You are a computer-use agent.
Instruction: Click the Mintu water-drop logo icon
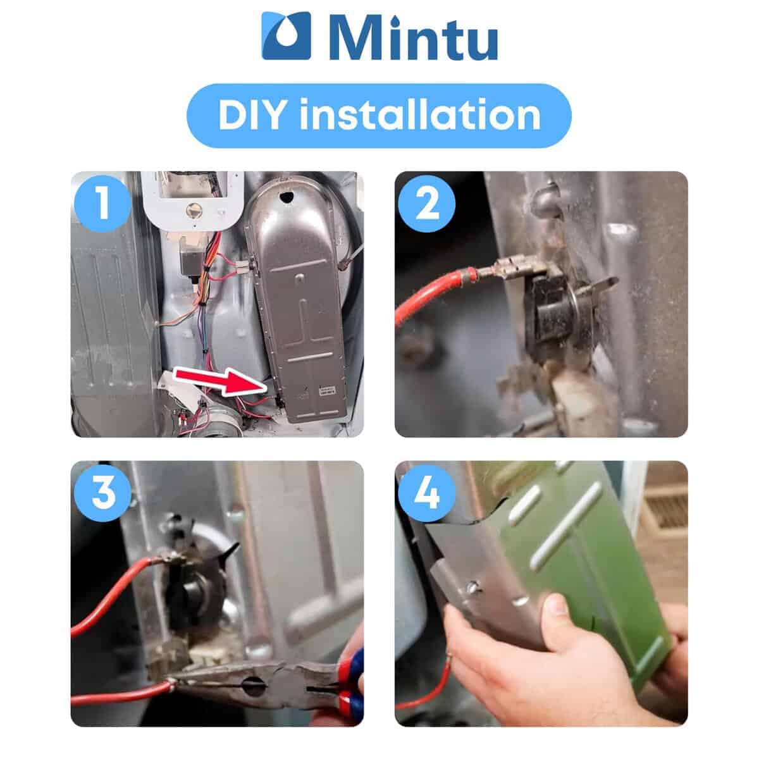287,35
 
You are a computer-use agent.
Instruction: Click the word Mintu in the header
414,37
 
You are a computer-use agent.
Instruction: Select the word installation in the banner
420,114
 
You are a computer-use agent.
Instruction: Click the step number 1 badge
103,203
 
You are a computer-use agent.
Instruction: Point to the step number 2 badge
427,203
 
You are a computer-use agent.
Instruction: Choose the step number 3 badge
103,493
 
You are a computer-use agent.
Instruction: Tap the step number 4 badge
427,493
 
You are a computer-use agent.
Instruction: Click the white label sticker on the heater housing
327,390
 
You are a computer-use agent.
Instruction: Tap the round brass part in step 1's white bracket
194,211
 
